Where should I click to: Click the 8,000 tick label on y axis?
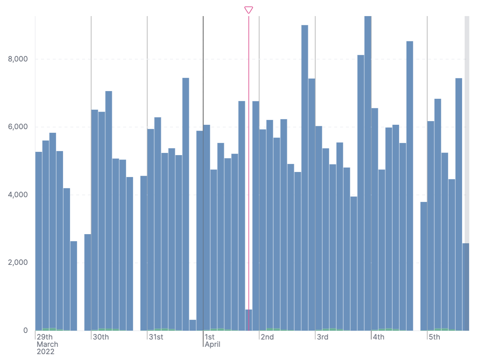click(x=18, y=59)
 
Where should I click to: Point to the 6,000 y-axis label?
click(x=18, y=127)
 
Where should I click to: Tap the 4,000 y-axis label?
click(x=18, y=195)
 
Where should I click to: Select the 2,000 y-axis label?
click(x=18, y=263)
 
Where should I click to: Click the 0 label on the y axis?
click(x=25, y=330)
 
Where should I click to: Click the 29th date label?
click(x=45, y=337)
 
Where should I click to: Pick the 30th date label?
click(x=101, y=337)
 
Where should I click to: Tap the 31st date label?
click(x=156, y=337)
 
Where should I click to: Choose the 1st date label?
click(x=210, y=337)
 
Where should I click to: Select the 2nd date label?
click(x=267, y=337)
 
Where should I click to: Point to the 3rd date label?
click(x=323, y=337)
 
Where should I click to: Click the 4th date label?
click(x=379, y=337)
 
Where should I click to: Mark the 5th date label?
click(x=434, y=337)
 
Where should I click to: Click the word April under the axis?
click(x=213, y=344)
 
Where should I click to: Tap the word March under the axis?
click(x=47, y=344)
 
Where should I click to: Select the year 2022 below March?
click(x=45, y=352)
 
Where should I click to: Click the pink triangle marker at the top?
click(x=249, y=10)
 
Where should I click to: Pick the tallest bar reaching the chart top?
click(x=368, y=172)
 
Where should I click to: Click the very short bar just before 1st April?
click(x=193, y=325)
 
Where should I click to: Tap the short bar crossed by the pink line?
click(x=249, y=320)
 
